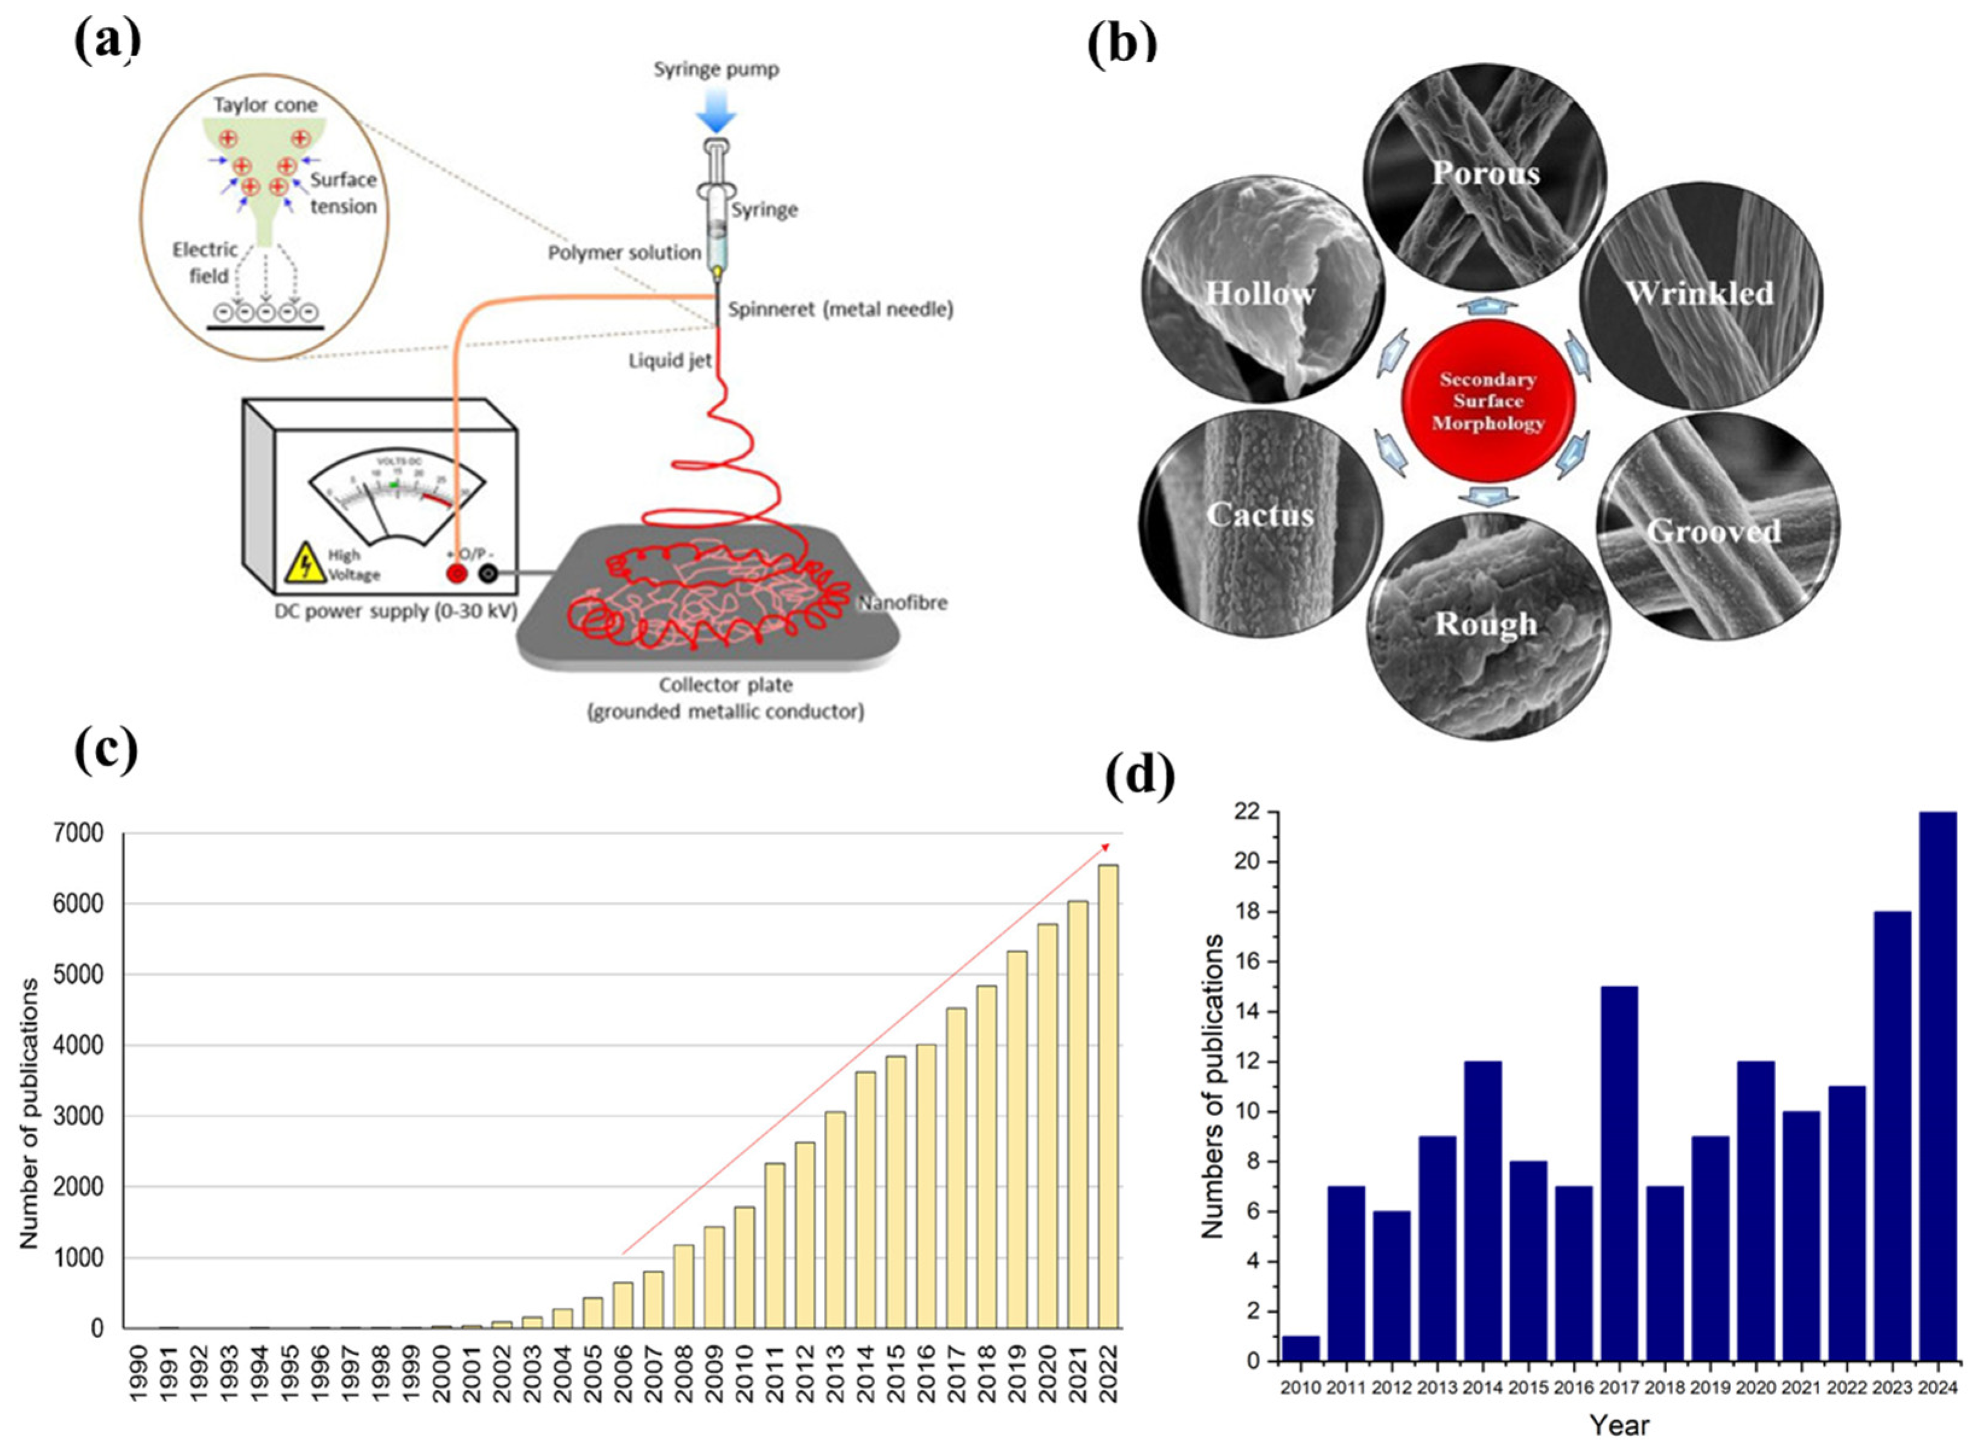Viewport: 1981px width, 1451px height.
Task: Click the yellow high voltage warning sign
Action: (305, 563)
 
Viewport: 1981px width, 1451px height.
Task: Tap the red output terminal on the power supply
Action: (457, 574)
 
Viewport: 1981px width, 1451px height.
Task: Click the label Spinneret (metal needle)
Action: (840, 309)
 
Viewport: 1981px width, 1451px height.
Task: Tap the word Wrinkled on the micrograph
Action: (1699, 293)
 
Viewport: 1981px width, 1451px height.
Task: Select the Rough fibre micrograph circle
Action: (1487, 626)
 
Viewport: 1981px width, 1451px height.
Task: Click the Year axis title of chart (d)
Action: (1619, 1424)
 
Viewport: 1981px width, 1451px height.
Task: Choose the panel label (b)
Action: (1122, 46)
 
